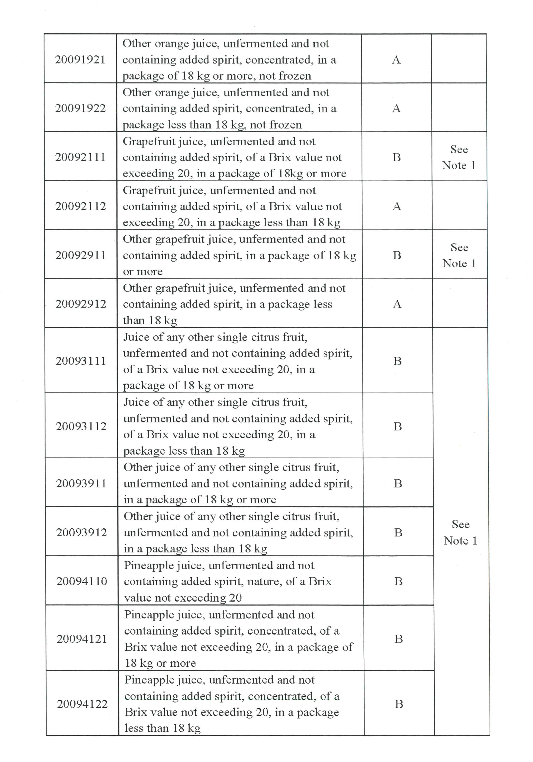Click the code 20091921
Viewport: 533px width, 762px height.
(80, 60)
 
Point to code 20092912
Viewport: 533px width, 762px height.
(81, 304)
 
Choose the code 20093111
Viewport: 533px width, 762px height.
(81, 361)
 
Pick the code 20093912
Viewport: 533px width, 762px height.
(81, 532)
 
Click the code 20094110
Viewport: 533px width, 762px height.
(82, 581)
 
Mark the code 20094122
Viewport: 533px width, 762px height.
(82, 704)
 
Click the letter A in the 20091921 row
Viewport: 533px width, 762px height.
(396, 60)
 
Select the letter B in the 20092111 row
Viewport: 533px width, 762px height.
(396, 157)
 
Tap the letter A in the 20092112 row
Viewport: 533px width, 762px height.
(397, 206)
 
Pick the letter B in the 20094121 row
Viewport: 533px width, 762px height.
(399, 639)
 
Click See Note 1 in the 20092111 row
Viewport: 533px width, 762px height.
(459, 157)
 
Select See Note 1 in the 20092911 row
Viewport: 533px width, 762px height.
(459, 255)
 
